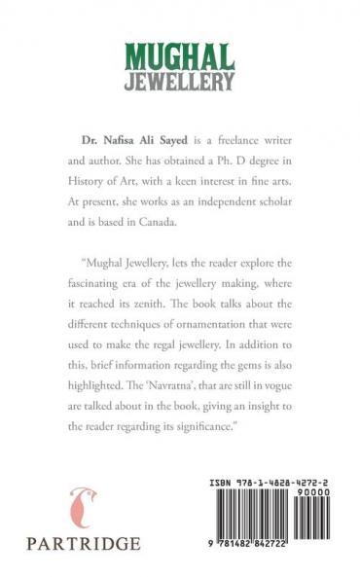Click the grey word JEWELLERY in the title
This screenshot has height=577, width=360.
[180, 81]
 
